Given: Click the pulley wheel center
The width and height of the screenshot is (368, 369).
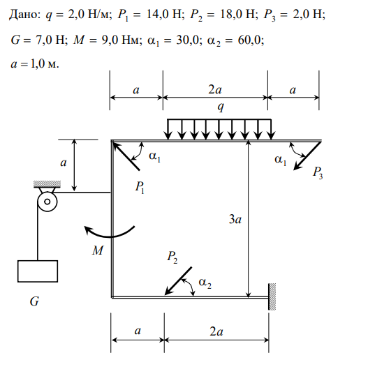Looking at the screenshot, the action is [x=47, y=202].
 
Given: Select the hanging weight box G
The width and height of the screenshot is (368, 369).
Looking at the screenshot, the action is [x=38, y=271].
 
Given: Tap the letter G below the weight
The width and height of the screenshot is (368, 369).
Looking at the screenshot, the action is [x=34, y=301].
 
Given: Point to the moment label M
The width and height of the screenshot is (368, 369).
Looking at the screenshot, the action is [x=98, y=250].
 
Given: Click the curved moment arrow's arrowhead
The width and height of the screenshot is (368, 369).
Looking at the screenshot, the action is [x=88, y=229].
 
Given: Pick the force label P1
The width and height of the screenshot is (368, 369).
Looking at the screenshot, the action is [x=140, y=188].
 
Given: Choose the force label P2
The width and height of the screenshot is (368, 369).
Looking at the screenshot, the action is [x=172, y=257].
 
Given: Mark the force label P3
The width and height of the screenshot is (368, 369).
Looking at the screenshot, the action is [x=318, y=173].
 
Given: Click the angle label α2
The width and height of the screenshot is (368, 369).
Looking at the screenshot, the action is [x=205, y=283].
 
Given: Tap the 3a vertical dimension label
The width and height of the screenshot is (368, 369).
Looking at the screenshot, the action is [x=235, y=220].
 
